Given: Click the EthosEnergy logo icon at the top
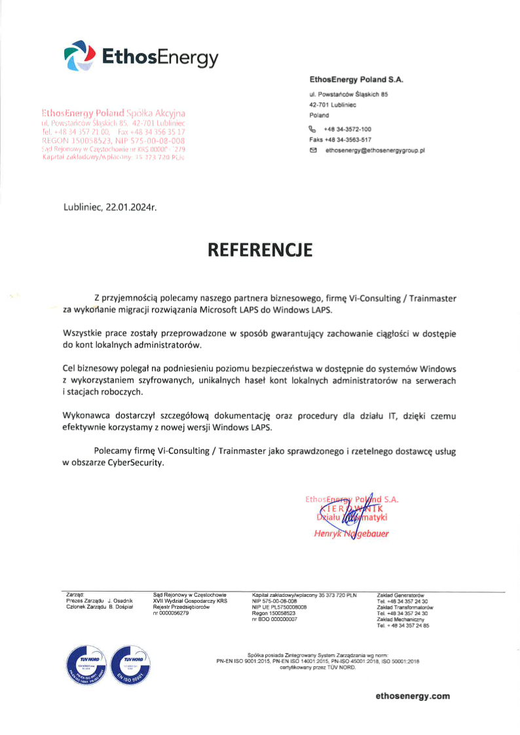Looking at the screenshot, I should coord(79,55).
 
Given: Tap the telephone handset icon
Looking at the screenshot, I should coord(313,129).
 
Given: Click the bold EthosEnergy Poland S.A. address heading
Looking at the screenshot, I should coord(356,79).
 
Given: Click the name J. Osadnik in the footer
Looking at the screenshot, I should coord(121,600).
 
